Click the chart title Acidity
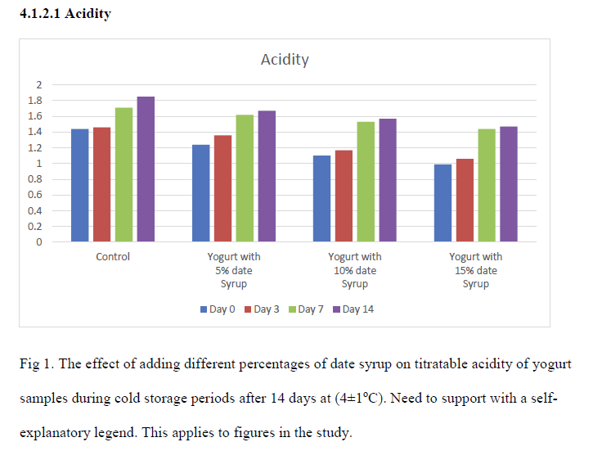(x=285, y=60)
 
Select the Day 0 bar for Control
(x=79, y=185)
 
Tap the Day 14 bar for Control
(x=146, y=169)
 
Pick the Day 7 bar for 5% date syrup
(x=245, y=178)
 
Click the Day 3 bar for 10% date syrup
(x=344, y=196)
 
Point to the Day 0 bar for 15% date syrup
(x=443, y=203)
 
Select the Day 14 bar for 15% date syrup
(x=509, y=184)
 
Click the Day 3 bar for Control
(x=101, y=184)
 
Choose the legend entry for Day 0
(x=218, y=309)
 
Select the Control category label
(x=113, y=257)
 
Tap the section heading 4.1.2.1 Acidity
(x=65, y=14)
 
